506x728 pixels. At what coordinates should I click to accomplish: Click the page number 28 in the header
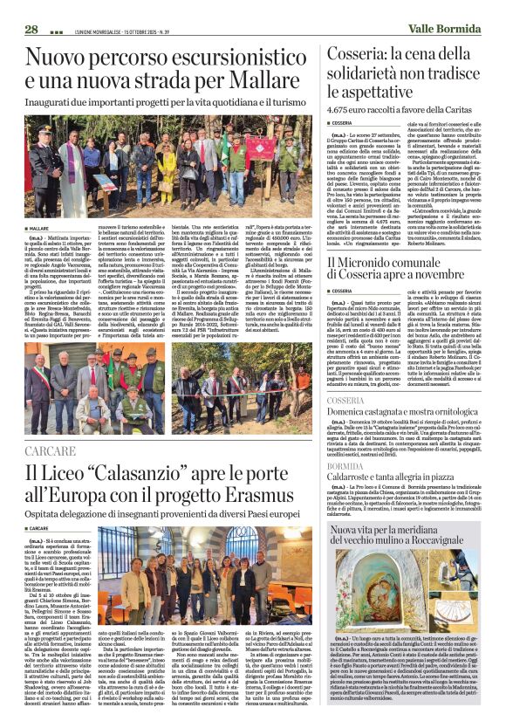click(31, 29)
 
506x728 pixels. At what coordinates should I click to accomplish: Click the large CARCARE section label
click(51, 451)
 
